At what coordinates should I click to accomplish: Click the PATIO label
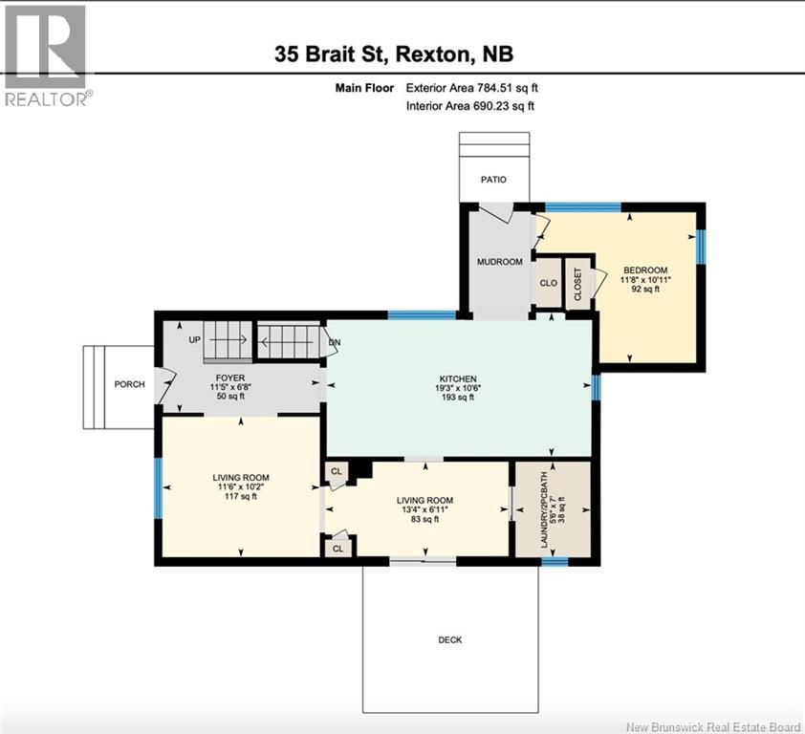(x=493, y=179)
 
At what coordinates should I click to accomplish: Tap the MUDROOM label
(x=500, y=262)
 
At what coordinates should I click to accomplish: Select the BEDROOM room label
(x=644, y=270)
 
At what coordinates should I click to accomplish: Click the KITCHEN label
(x=458, y=378)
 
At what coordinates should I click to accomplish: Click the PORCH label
(x=129, y=384)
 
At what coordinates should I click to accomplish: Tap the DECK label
(x=449, y=639)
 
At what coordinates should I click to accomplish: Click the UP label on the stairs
(x=195, y=339)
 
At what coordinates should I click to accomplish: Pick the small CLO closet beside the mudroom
(x=548, y=284)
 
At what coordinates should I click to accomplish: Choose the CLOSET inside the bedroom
(x=578, y=285)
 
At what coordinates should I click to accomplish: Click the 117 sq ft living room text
(x=240, y=497)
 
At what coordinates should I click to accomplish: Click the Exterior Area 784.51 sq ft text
(x=479, y=88)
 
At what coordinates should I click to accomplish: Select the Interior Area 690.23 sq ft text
(x=469, y=106)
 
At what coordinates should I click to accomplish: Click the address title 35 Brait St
(x=400, y=54)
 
